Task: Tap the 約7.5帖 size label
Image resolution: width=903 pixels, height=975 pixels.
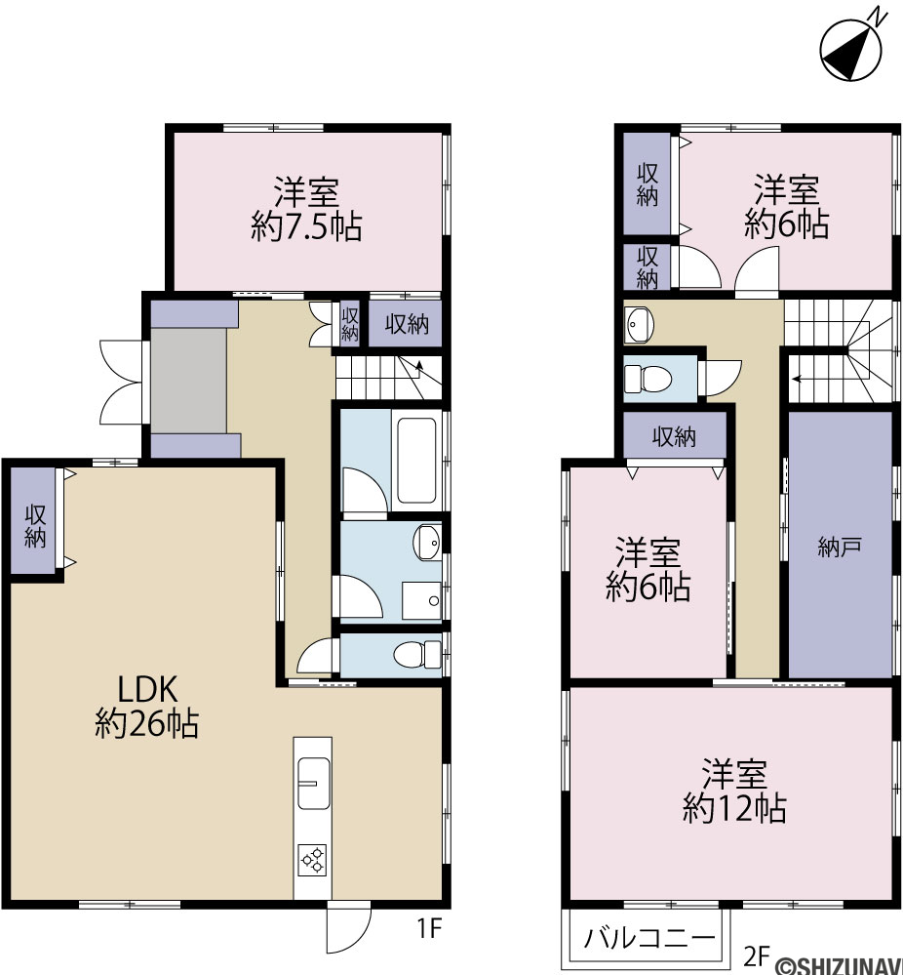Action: click(x=307, y=226)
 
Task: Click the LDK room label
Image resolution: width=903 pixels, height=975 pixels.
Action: click(x=148, y=689)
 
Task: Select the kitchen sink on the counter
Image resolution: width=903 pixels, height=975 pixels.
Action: click(x=313, y=783)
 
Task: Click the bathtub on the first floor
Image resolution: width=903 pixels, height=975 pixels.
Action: click(x=416, y=460)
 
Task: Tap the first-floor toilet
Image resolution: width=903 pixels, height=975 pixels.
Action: click(x=417, y=654)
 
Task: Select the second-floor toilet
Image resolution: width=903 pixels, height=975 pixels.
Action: click(x=648, y=379)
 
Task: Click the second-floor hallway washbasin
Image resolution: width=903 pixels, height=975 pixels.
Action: click(x=640, y=325)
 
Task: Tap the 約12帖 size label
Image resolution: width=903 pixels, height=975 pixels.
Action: click(x=734, y=809)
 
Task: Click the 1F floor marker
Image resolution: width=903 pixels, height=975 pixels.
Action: click(x=429, y=929)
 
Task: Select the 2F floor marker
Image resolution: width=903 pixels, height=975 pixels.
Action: click(x=758, y=955)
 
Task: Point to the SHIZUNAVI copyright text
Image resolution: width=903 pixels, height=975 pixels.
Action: click(x=838, y=965)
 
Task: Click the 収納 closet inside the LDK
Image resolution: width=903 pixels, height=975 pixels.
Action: click(x=35, y=526)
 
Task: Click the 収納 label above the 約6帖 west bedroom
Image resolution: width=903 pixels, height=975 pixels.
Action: click(x=674, y=438)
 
